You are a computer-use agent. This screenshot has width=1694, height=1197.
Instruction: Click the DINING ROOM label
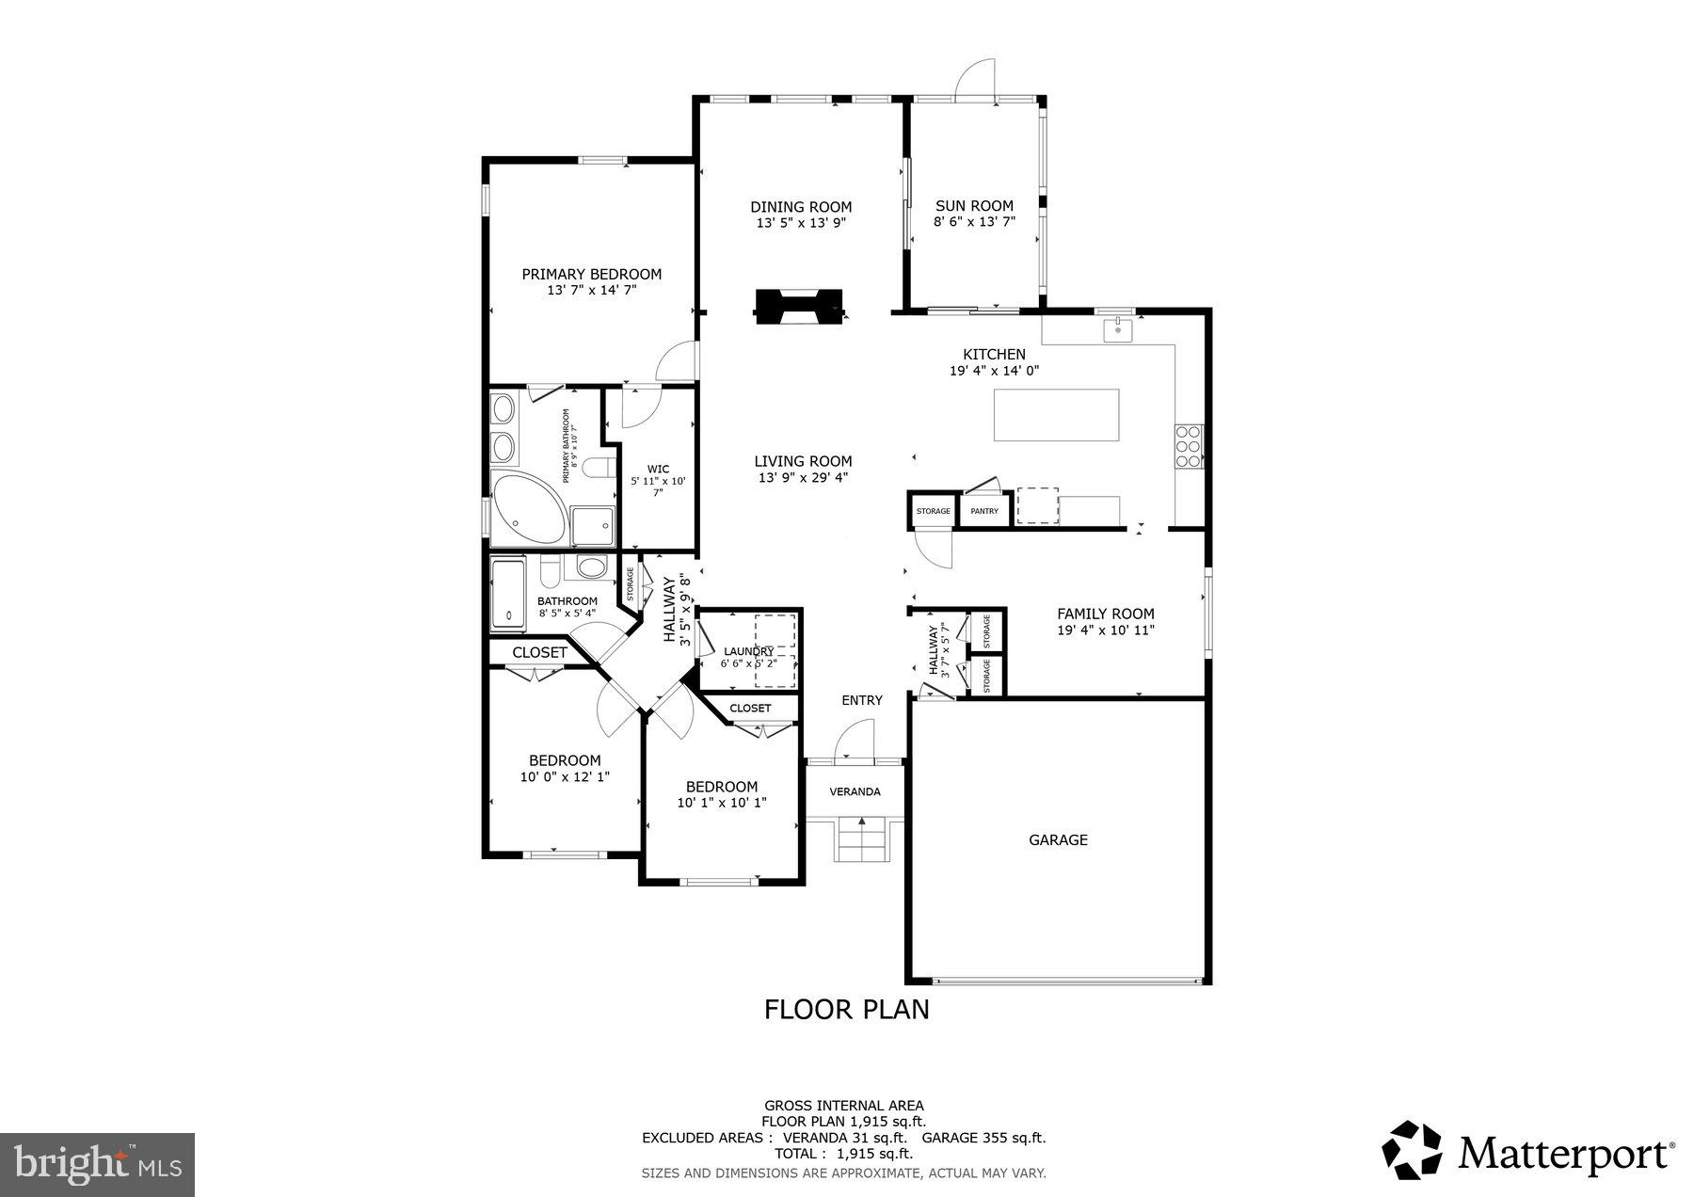(x=801, y=207)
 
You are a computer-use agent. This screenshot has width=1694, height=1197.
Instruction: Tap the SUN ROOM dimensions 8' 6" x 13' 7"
(x=974, y=222)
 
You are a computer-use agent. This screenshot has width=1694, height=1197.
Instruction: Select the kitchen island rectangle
(x=1057, y=415)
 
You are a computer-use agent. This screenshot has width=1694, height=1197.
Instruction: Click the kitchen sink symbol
(x=1117, y=330)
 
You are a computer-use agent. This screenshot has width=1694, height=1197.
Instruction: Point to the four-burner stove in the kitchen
(x=1188, y=446)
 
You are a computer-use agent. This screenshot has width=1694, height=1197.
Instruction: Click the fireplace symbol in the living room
(x=799, y=307)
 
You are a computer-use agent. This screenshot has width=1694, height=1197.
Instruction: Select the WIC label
(x=658, y=469)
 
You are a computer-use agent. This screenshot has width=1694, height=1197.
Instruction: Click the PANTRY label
(x=984, y=511)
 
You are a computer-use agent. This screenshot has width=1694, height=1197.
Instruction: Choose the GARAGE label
(x=1058, y=839)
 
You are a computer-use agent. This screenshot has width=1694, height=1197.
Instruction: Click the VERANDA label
(x=855, y=791)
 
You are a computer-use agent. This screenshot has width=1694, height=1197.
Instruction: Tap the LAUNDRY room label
(x=748, y=651)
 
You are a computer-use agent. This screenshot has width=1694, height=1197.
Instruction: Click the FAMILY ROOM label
(x=1105, y=614)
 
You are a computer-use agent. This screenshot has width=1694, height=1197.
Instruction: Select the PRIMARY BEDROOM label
(x=591, y=274)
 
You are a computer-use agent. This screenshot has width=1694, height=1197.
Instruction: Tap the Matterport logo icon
(x=1412, y=1149)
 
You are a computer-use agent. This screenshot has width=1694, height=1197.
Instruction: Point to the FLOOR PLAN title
(x=846, y=1009)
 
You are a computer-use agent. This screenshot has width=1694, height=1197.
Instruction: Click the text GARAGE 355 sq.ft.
(x=983, y=1137)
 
